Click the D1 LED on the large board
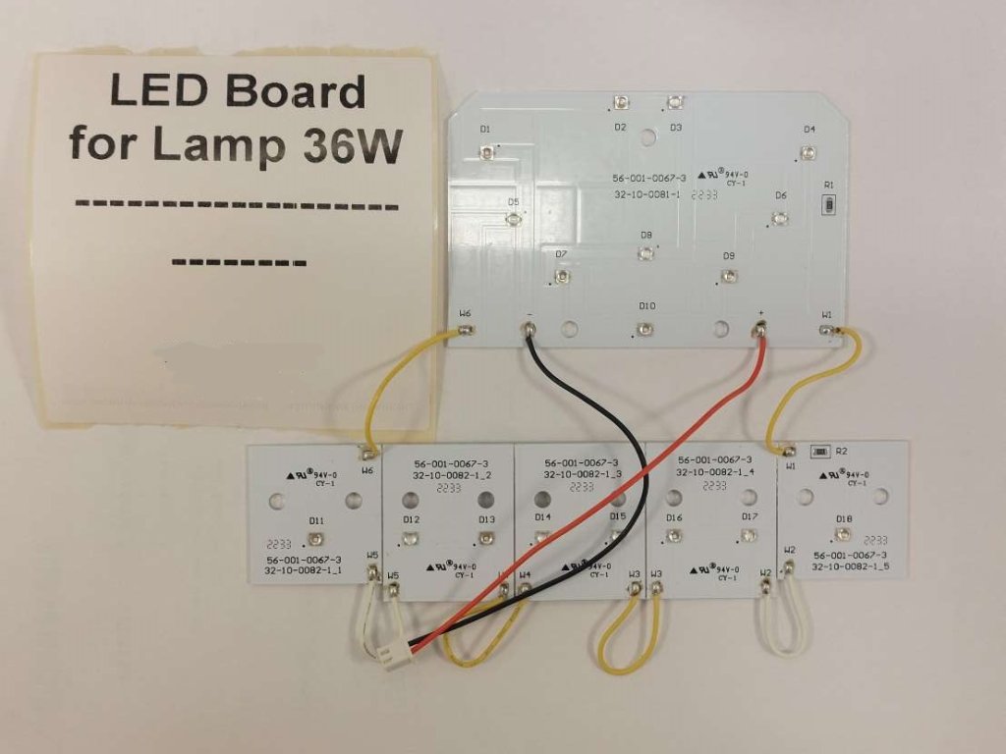(x=487, y=151)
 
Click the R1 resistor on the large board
(x=829, y=205)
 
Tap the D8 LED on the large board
(x=645, y=254)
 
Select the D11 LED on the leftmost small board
(x=315, y=538)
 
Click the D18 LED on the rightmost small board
(x=843, y=535)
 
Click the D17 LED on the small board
(x=748, y=535)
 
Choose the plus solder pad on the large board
(x=759, y=332)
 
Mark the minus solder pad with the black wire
(x=531, y=331)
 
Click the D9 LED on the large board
(x=728, y=276)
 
